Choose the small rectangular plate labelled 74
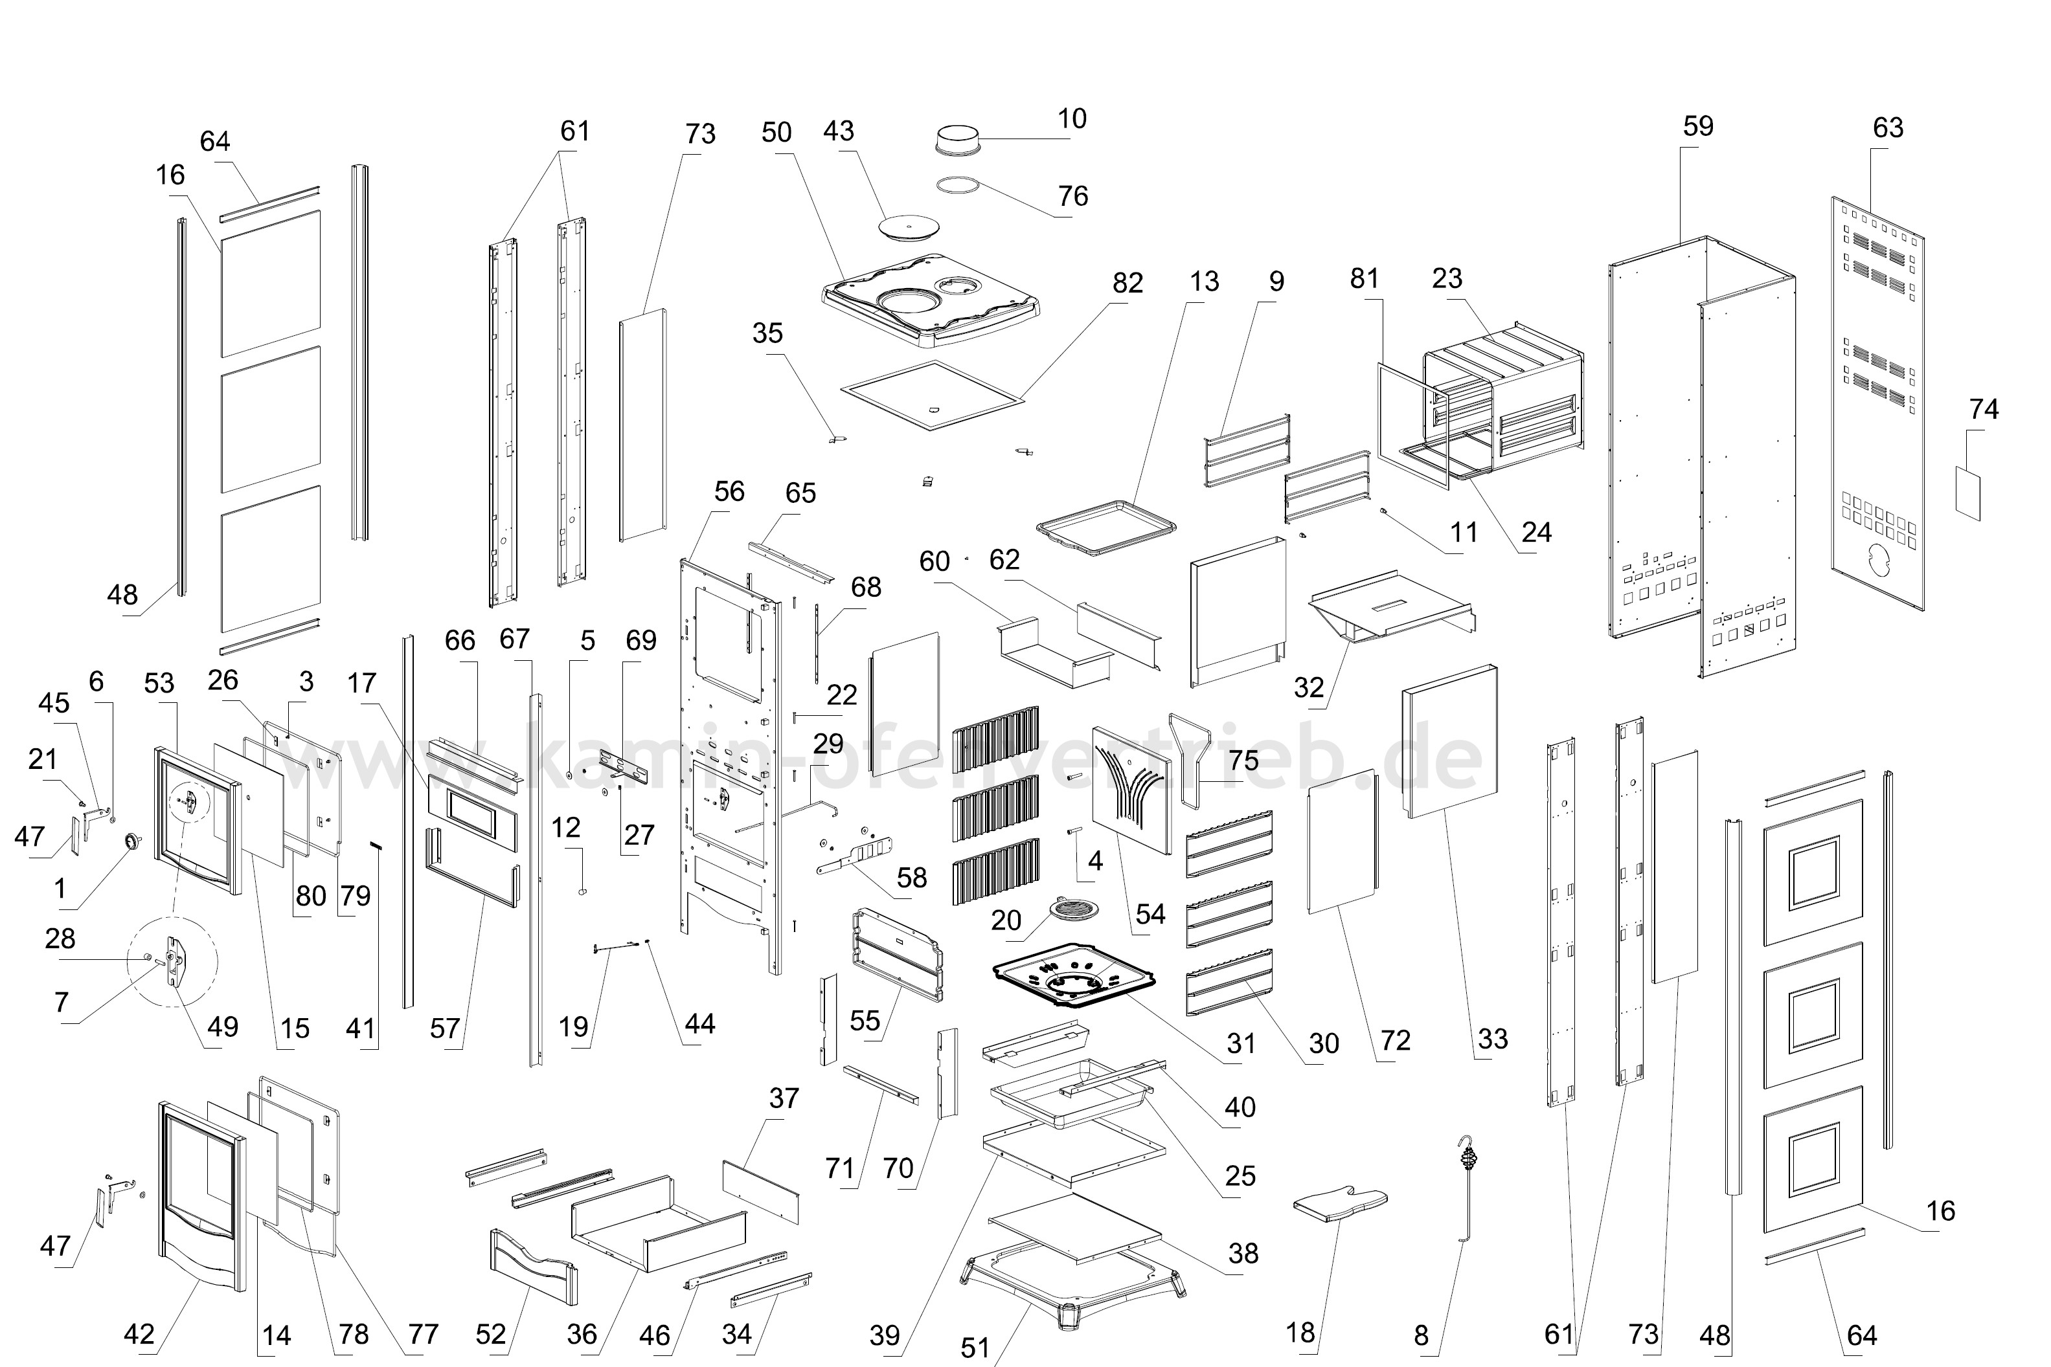1967,493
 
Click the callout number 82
1127,283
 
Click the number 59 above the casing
1698,126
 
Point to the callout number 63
1888,128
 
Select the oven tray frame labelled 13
1105,528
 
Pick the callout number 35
767,333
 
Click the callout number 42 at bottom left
139,1334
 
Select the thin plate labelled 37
760,1191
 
